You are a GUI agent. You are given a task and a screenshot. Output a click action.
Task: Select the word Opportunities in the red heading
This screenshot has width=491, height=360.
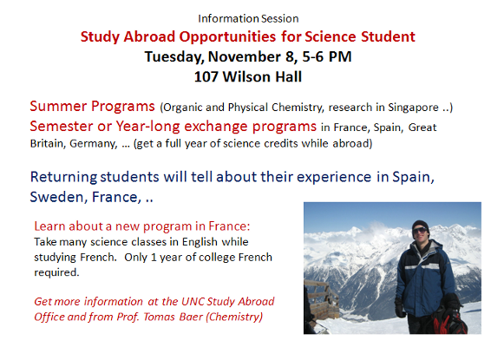point(227,37)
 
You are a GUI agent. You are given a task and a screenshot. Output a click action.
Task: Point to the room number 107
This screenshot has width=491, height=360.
point(206,76)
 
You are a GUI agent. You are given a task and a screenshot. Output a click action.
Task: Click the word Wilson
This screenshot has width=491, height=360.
point(245,76)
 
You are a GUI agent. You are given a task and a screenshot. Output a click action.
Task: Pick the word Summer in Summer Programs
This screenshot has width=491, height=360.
point(58,106)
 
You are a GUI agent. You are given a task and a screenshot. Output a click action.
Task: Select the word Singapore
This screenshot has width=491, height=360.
point(413,108)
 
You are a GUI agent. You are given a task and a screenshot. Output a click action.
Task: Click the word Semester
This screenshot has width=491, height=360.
point(62,126)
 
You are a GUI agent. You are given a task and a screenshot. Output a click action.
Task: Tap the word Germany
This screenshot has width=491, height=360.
point(94,144)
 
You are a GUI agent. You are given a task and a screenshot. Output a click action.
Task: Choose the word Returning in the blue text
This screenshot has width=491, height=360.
point(64,178)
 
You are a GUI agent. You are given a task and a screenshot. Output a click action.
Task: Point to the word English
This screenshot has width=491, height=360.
point(200,242)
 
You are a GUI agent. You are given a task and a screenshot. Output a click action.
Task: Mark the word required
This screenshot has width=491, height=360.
point(56,272)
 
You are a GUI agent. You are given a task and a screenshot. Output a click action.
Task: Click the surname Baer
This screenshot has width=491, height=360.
point(191,317)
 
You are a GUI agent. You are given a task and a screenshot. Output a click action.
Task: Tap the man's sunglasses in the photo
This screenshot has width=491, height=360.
point(420,231)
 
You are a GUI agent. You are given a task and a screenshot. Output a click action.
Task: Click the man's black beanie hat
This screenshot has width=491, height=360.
point(420,226)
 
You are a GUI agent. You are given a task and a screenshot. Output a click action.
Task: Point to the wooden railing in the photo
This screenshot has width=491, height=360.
point(322,298)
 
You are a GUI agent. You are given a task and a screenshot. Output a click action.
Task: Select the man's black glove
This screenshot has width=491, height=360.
point(400,307)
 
